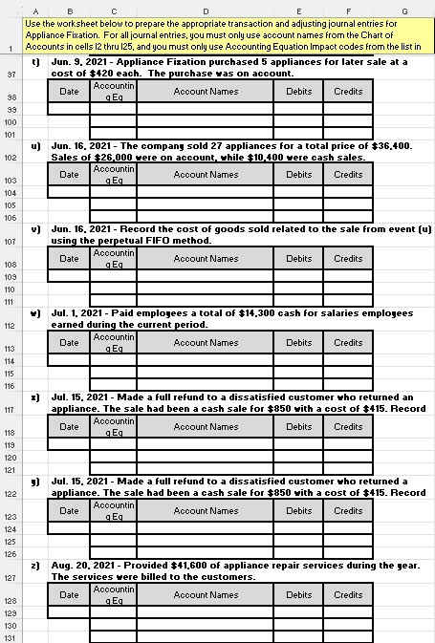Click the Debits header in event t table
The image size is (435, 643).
(298, 91)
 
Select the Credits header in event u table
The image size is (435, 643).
(348, 175)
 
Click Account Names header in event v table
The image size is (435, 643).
(207, 259)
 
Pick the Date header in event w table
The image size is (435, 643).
(69, 343)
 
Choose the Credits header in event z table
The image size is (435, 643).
(348, 595)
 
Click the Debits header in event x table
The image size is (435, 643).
(298, 427)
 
